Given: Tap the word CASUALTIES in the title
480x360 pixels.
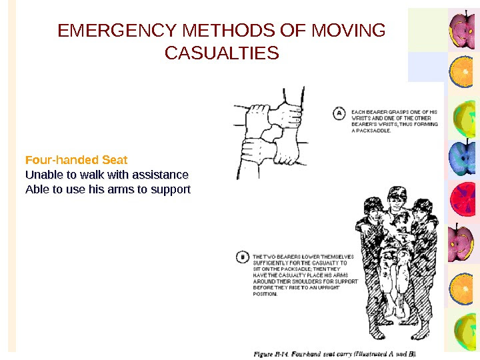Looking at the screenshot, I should [x=221, y=52].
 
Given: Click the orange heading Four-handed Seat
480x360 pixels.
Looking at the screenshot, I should [x=76, y=160].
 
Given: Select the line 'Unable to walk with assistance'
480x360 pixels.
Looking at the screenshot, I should [x=107, y=175].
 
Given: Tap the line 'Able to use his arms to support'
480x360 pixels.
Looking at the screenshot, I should [x=107, y=189].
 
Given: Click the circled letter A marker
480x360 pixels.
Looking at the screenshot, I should [x=339, y=114].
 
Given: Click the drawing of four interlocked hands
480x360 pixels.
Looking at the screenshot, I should [x=270, y=133].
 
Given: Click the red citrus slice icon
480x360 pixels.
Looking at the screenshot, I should [x=463, y=200].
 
